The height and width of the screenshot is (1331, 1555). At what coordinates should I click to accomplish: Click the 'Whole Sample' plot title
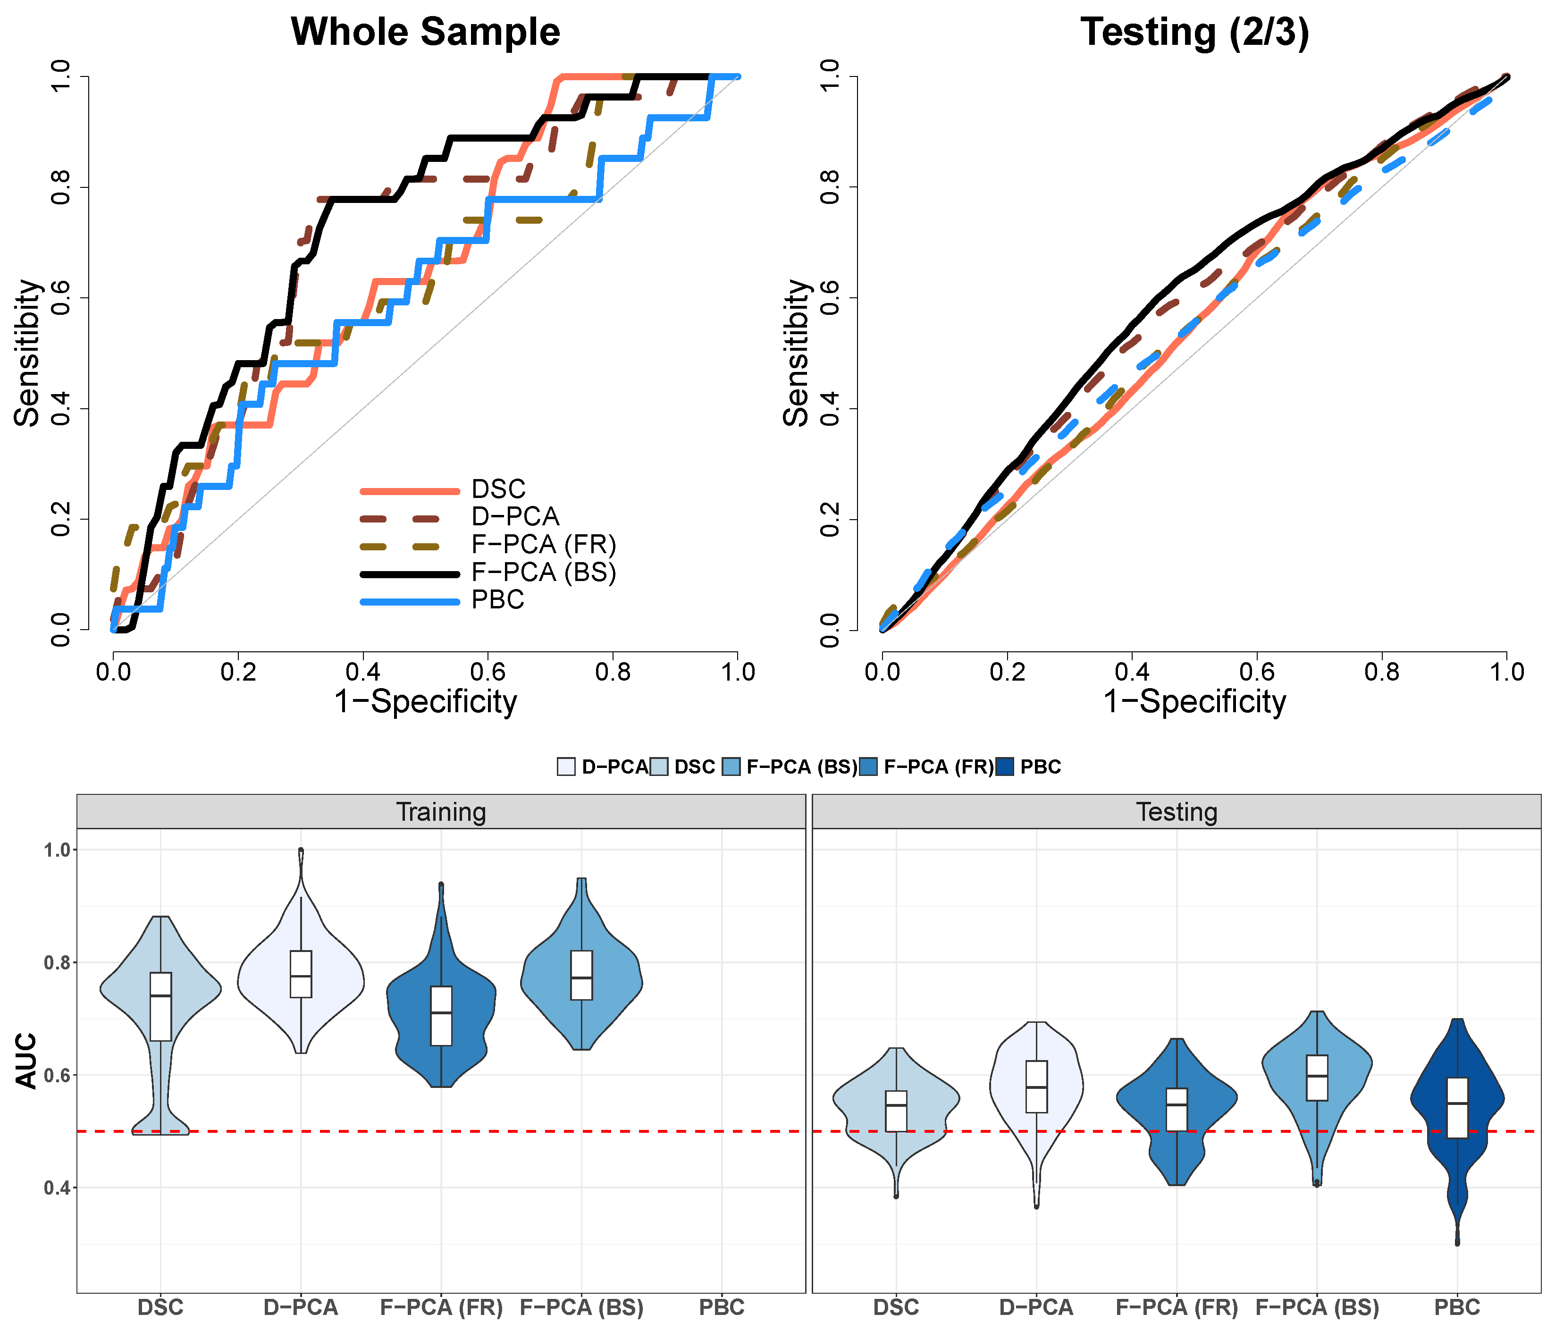(426, 32)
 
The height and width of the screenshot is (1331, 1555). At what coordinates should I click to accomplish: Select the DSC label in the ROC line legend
(498, 489)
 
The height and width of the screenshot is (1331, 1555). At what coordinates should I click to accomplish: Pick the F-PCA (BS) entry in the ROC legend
(543, 573)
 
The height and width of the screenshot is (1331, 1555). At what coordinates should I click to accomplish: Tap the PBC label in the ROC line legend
(497, 600)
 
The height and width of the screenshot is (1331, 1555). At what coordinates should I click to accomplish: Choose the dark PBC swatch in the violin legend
(1004, 767)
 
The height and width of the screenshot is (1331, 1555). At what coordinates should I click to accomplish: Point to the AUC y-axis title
(26, 1061)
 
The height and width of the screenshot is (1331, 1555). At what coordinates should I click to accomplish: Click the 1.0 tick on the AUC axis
(57, 850)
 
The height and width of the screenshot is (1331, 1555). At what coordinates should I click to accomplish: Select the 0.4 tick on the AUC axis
(57, 1188)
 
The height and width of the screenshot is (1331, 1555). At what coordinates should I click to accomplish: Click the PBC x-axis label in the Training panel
(722, 1308)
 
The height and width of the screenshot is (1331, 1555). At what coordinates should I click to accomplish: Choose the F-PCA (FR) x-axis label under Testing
(1177, 1308)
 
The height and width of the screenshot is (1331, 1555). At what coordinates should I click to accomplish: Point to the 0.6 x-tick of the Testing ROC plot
(1257, 672)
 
